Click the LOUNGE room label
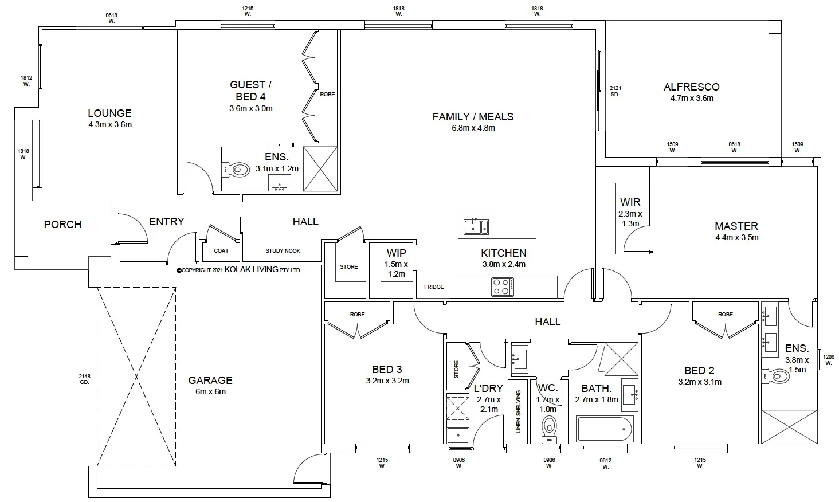(x=109, y=113)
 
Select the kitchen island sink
(x=476, y=226)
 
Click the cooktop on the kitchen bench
(x=502, y=287)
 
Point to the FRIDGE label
(x=434, y=287)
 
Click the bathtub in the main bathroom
(x=605, y=429)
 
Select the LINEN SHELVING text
(x=518, y=411)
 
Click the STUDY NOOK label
(x=283, y=251)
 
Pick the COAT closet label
(x=221, y=251)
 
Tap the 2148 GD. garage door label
(x=84, y=379)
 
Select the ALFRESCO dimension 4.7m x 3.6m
(x=692, y=98)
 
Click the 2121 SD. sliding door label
(x=615, y=91)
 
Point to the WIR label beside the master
(x=630, y=202)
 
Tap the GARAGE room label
(x=210, y=380)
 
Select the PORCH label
(x=62, y=225)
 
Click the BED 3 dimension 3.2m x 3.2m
(x=387, y=381)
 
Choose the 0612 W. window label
(x=606, y=464)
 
